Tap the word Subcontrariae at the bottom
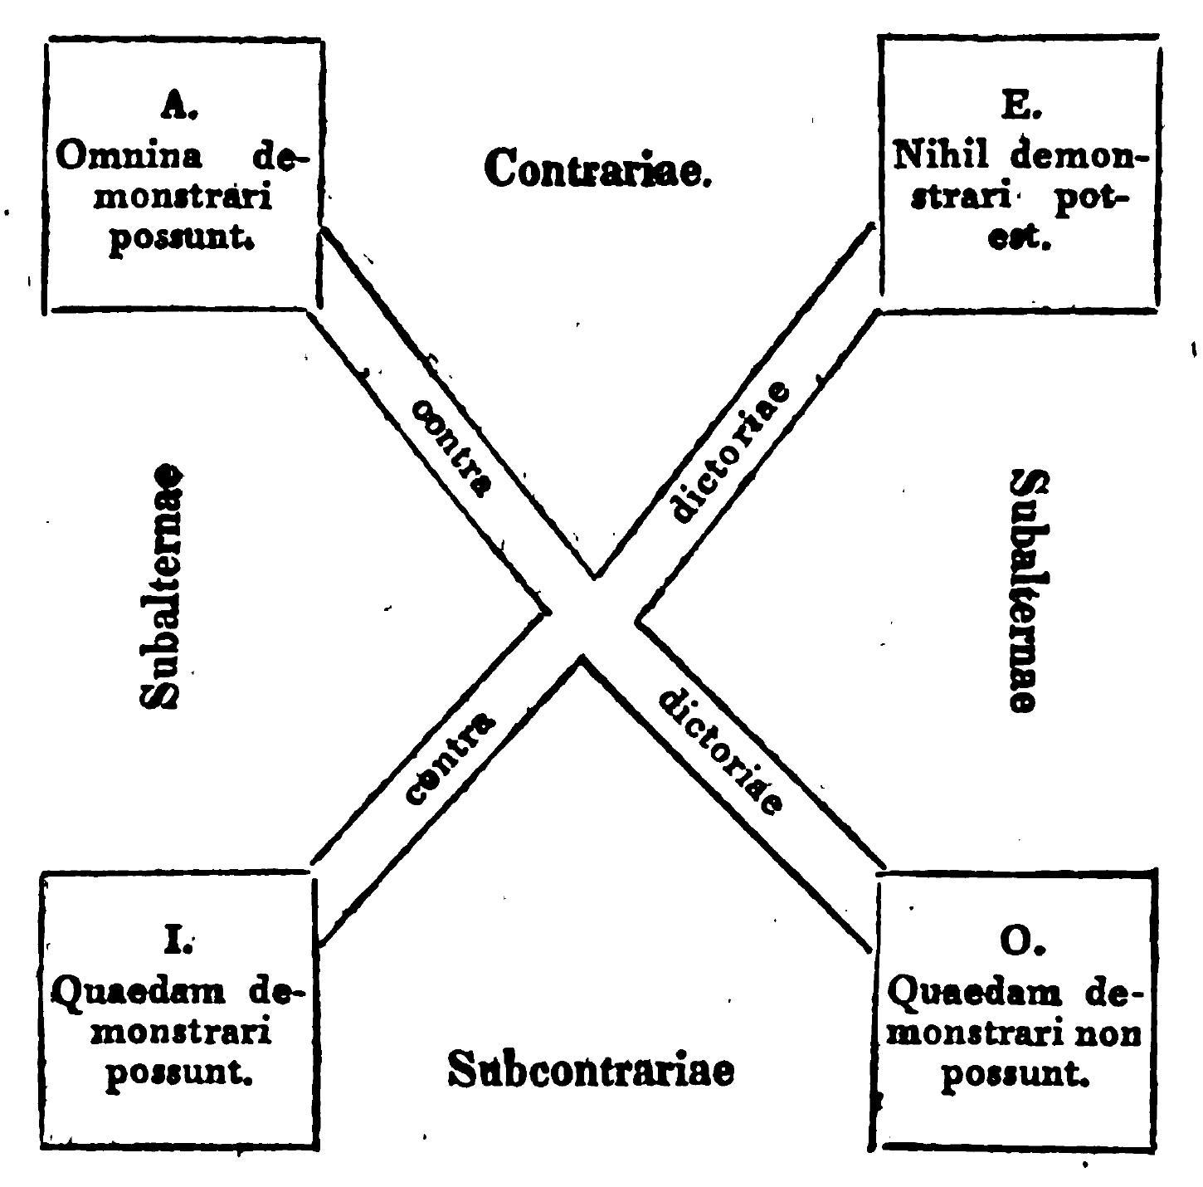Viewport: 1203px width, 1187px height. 591,1069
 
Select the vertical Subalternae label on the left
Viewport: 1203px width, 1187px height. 161,586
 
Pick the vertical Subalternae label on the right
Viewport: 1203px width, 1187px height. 1025,589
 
